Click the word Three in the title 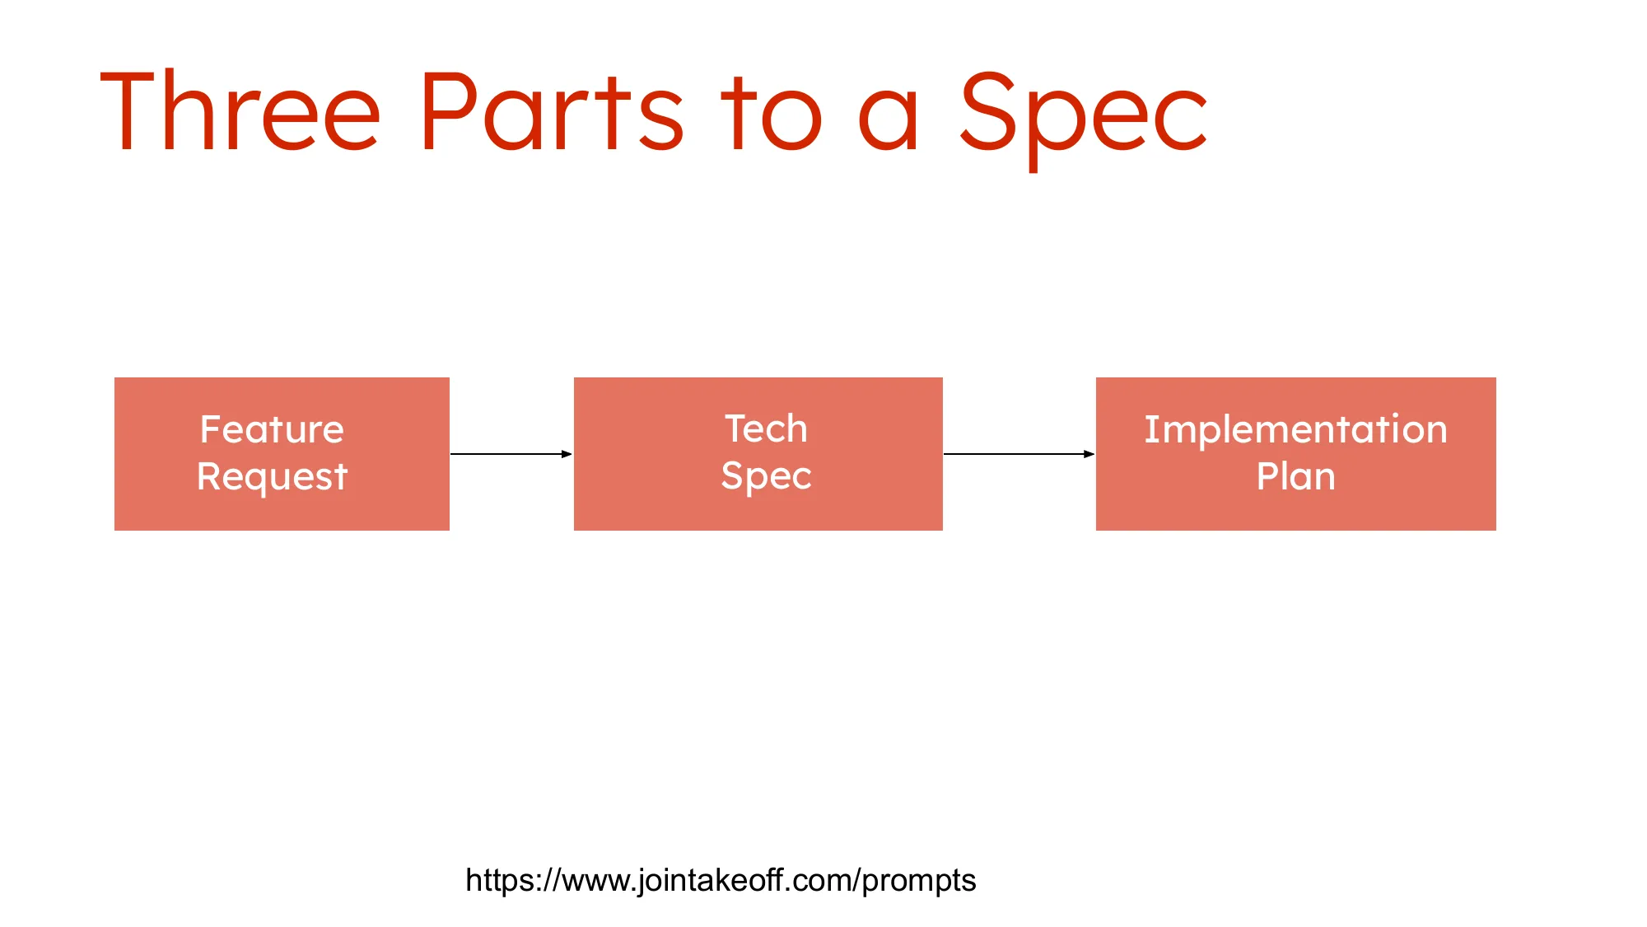[240, 113]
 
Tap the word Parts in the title [550, 113]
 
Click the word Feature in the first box [272, 429]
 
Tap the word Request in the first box [272, 477]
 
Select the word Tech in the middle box [766, 428]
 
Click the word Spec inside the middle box [766, 476]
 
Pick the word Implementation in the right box [1295, 429]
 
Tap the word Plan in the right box [1295, 476]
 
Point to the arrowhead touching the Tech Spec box [567, 454]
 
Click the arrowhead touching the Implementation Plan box [1089, 454]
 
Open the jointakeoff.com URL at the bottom [721, 880]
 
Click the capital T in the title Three [128, 113]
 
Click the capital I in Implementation [1151, 429]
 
